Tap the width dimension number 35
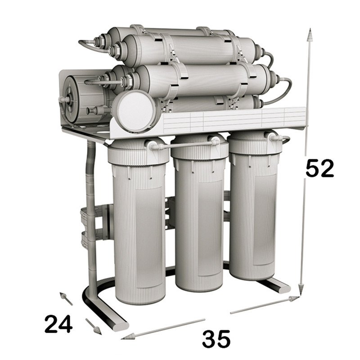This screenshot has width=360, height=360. (216, 339)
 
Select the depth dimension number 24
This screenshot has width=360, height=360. (58, 324)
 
